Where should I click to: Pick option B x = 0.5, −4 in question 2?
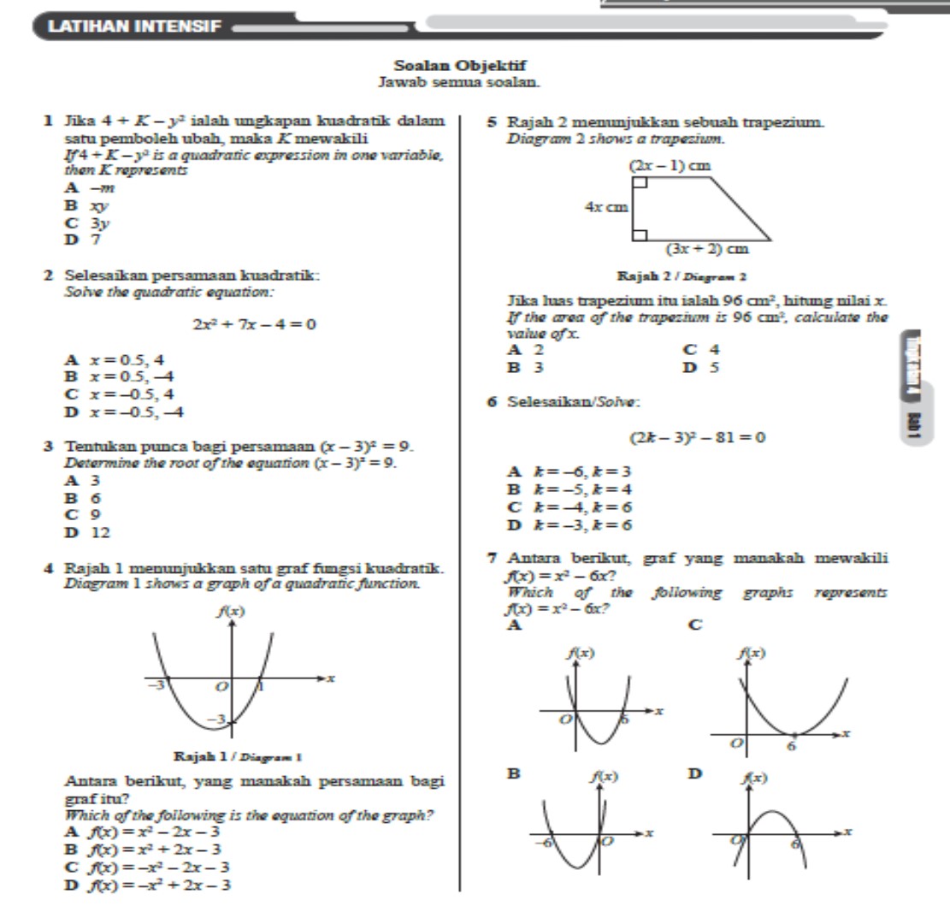[x=119, y=375]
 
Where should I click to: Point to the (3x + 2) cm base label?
[x=706, y=249]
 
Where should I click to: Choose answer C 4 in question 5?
[x=701, y=349]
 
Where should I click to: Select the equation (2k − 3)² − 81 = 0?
[x=697, y=438]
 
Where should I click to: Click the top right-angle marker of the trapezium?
[x=639, y=182]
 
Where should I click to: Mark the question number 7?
[x=492, y=558]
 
